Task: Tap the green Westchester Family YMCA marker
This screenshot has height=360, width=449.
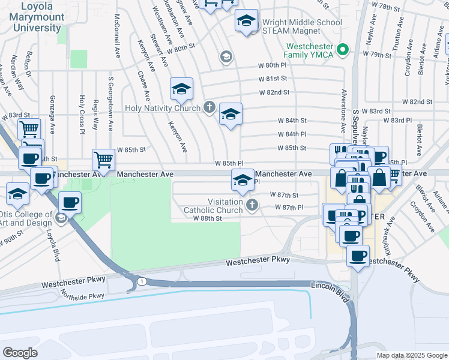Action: point(343,49)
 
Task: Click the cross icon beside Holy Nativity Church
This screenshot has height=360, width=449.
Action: point(209,108)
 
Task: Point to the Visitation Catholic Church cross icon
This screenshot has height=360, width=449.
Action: point(253,206)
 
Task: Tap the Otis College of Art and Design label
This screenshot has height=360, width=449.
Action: point(27,219)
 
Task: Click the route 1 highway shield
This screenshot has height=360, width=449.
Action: point(140,281)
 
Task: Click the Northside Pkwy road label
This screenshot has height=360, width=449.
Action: point(82,295)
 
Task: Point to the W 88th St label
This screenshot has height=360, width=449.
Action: point(208,218)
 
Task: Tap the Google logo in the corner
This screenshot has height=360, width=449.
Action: point(20,353)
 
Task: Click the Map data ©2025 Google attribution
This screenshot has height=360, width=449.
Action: point(412,355)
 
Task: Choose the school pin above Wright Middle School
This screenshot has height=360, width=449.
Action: point(246,22)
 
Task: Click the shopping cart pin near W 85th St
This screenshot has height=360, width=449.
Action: point(103,160)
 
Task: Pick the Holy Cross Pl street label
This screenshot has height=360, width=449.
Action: point(82,112)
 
